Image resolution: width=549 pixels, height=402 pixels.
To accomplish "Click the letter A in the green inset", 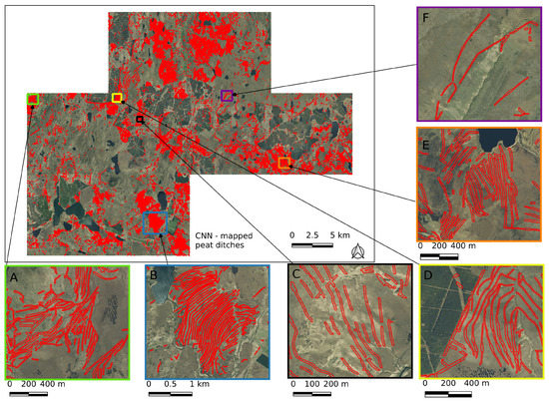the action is (x=15, y=279).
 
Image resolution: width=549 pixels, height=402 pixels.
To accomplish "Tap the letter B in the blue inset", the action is (x=154, y=276).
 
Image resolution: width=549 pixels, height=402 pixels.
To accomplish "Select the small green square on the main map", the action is (x=33, y=99).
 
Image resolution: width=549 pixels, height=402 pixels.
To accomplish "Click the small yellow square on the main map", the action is (x=117, y=98).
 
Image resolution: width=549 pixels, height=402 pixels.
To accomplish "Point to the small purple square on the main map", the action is (x=227, y=96).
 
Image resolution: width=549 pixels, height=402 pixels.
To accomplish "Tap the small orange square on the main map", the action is (x=284, y=163).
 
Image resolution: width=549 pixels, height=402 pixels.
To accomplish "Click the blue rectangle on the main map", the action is (x=156, y=222).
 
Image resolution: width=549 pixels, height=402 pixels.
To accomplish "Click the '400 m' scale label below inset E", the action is (x=463, y=244).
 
